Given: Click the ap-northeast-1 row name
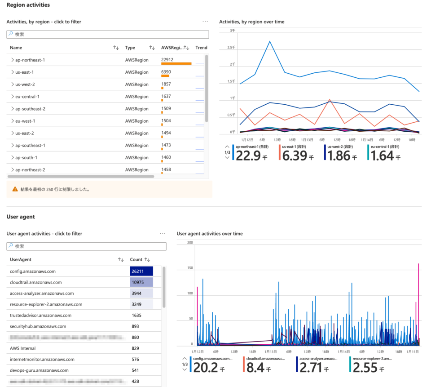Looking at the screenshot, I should coord(30,60).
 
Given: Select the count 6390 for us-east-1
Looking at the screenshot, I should coord(167,72).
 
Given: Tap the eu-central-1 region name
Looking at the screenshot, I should coord(27,97).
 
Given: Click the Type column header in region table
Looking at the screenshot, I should coord(130,48).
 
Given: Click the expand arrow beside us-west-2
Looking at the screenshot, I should coord(12,85).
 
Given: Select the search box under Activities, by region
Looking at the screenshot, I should coord(108,34).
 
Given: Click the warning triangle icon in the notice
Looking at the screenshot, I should coord(15,189).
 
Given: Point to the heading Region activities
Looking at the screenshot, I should coord(28,5).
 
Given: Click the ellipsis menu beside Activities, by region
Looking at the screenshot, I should coord(205,22).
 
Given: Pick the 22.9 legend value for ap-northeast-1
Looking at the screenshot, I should coord(248,156).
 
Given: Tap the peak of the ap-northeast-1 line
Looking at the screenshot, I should coord(270,41).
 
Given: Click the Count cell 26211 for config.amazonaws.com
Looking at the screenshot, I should coord(141,271).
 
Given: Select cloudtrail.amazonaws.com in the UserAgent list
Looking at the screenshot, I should coord(35,282).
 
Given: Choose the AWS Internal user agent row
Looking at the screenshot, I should coord(22,348).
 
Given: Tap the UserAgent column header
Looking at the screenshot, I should coord(21,259).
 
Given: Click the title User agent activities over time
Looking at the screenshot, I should coord(210,234).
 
